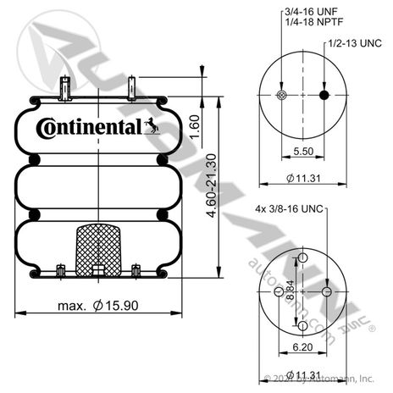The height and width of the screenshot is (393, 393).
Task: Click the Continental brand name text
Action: [89, 128]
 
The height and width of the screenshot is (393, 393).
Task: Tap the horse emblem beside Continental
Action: [152, 125]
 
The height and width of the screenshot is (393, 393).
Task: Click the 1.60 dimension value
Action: [195, 127]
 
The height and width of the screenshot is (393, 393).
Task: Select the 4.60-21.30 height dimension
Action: [212, 185]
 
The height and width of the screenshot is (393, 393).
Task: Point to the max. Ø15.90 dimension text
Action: [98, 306]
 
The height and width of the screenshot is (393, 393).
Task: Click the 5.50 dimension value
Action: [303, 152]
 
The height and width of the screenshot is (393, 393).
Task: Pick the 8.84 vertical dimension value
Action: [290, 290]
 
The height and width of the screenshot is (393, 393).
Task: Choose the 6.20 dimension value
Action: [302, 346]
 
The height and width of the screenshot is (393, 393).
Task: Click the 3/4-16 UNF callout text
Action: [311, 12]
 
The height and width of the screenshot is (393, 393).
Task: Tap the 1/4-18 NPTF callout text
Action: [314, 22]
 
